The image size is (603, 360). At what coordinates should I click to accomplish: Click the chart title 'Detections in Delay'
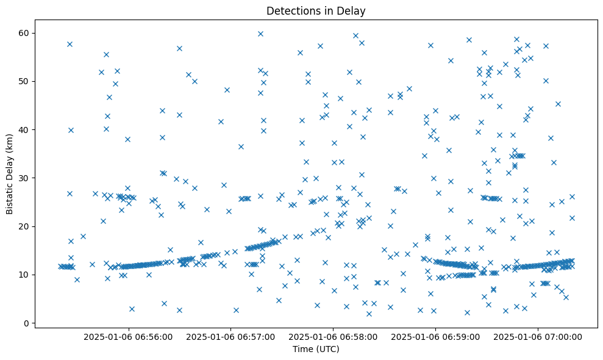pyautogui.click(x=316, y=10)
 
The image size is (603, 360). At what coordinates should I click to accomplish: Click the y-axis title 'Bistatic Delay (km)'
pyautogui.click(x=10, y=174)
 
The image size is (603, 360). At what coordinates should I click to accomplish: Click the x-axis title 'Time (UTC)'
pyautogui.click(x=316, y=349)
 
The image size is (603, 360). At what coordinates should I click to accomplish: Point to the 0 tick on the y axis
pyautogui.click(x=27, y=323)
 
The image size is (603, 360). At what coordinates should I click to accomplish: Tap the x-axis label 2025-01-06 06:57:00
pyautogui.click(x=231, y=336)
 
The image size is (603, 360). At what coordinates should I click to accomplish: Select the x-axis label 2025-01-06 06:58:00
pyautogui.click(x=334, y=336)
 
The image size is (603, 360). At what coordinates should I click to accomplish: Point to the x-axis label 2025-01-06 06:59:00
pyautogui.click(x=436, y=336)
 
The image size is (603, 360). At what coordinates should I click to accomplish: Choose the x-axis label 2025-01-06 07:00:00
pyautogui.click(x=538, y=336)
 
